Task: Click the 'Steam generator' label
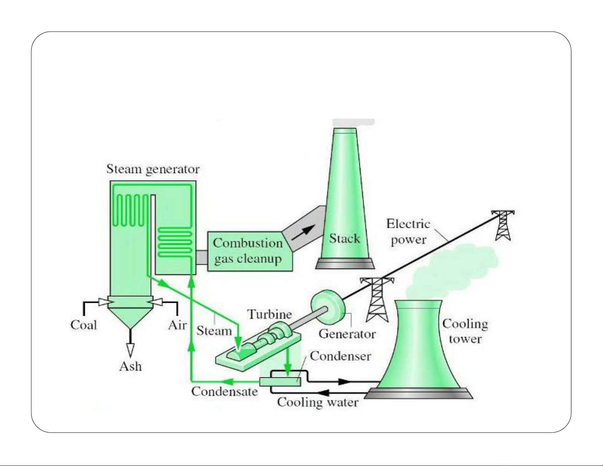click(153, 169)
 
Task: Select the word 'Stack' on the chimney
click(344, 239)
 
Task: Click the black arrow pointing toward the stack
click(303, 232)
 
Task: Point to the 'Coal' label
click(84, 325)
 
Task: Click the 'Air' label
click(177, 325)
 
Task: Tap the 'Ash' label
click(130, 366)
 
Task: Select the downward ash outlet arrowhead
click(130, 349)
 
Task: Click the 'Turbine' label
click(270, 314)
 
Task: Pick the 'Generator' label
click(347, 334)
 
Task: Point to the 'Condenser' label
click(340, 356)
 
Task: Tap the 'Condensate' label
click(224, 391)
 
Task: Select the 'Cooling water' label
click(318, 402)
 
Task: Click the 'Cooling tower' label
click(465, 331)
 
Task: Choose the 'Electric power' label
click(408, 232)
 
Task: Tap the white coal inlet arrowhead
click(103, 302)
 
